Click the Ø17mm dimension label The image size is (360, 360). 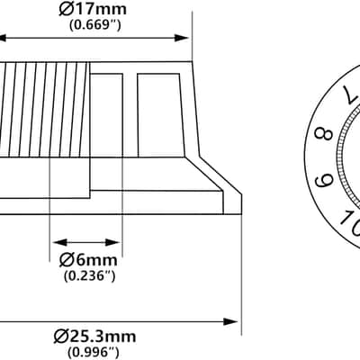93,9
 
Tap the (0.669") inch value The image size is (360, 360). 95,25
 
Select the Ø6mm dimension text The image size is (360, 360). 88,260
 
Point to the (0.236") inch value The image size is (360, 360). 90,275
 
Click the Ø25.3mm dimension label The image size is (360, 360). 94,337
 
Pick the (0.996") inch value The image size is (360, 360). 93,351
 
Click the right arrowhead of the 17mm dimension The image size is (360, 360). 182,38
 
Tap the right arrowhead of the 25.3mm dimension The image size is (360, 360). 231,322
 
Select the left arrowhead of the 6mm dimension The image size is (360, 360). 59,242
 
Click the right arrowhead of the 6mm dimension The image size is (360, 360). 113,242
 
